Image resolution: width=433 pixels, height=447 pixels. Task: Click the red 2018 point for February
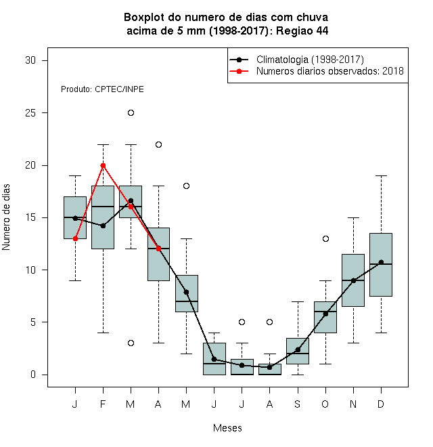tap(103, 166)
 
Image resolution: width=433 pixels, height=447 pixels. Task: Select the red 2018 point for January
tap(75, 238)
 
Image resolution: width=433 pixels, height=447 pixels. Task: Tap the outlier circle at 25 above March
tap(131, 113)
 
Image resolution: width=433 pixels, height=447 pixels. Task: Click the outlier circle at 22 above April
tap(159, 144)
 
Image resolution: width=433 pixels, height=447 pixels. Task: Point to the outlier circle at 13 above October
tap(325, 238)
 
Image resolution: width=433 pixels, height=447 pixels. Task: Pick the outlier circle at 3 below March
tap(131, 343)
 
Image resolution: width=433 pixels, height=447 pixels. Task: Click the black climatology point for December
tap(381, 262)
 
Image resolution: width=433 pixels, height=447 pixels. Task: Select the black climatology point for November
tap(353, 281)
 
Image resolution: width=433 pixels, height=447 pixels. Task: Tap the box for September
tap(298, 351)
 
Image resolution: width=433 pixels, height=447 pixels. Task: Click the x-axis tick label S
tap(298, 404)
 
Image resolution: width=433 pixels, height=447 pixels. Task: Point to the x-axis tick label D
tap(381, 404)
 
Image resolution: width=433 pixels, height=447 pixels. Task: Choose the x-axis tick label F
tap(103, 404)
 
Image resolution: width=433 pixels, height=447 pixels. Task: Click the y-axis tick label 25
tap(30, 113)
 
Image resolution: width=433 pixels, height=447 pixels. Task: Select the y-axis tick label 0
tap(33, 375)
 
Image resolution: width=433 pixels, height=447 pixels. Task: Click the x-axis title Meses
tap(227, 428)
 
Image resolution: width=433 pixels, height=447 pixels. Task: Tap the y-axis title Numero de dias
tap(6, 217)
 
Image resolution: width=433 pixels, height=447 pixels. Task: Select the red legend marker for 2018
tap(239, 71)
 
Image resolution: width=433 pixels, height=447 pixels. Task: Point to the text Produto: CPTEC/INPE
tap(102, 89)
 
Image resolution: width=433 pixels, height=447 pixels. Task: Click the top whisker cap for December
tap(381, 176)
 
